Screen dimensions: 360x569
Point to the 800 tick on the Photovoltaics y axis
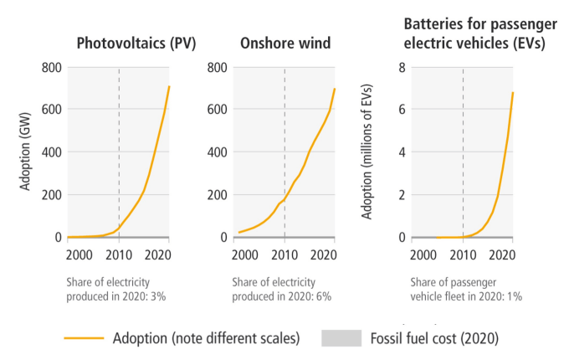tap(49, 67)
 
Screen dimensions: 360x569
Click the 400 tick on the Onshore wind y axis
tap(215, 152)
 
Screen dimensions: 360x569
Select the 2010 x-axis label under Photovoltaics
tap(119, 255)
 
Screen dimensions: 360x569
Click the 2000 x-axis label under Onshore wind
tap(245, 255)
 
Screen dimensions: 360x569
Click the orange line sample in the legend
tap(85, 338)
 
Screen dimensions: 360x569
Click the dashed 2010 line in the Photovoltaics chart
tap(119, 151)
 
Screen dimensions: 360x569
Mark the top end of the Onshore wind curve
tap(335, 89)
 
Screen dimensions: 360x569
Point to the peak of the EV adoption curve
tap(512, 92)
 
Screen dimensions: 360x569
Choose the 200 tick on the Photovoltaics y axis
tap(49, 195)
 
